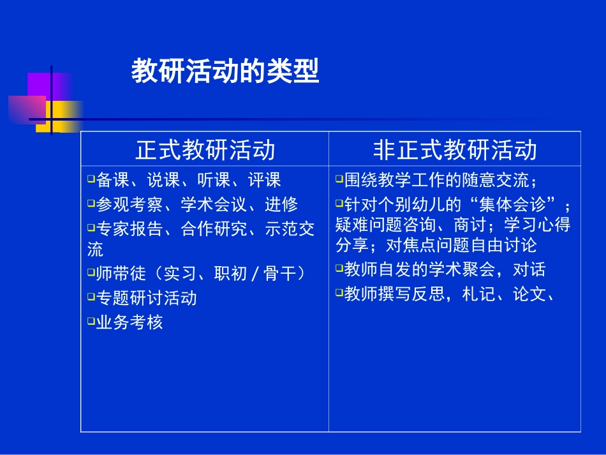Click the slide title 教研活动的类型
[225, 71]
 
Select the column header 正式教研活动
[205, 149]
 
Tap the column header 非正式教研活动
[455, 149]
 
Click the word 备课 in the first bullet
[113, 180]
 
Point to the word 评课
[264, 180]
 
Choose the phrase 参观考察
[129, 204]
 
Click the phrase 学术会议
[214, 204]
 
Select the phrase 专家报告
[129, 229]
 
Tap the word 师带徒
[121, 274]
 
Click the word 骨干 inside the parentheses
[279, 274]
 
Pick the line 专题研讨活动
[147, 298]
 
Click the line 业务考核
[129, 322]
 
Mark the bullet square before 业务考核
[91, 321]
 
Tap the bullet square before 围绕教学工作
[339, 179]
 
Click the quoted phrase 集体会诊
[512, 204]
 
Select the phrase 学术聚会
[462, 270]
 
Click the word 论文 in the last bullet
[529, 294]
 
